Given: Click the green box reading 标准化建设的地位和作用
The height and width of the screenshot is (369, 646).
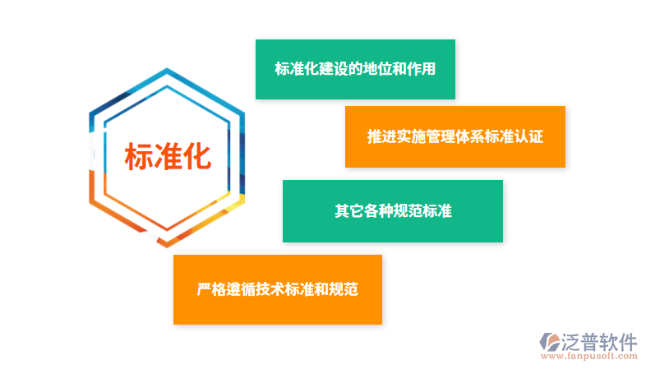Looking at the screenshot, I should [x=355, y=69].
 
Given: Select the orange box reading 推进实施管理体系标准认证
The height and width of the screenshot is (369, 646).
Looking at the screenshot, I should [x=455, y=136].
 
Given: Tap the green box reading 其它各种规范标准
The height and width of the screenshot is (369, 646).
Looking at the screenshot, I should [x=392, y=211].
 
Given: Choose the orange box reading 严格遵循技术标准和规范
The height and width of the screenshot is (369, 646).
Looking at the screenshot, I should [x=277, y=289].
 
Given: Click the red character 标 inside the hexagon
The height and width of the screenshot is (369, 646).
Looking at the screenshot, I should [x=139, y=157].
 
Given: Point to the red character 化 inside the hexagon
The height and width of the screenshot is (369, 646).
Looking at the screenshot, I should [x=196, y=157].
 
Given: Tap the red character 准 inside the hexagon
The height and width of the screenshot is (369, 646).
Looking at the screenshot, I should [x=168, y=157].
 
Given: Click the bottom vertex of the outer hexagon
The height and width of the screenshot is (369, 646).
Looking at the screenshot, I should [x=167, y=246].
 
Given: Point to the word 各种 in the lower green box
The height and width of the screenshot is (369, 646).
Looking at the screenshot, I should [x=377, y=211].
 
